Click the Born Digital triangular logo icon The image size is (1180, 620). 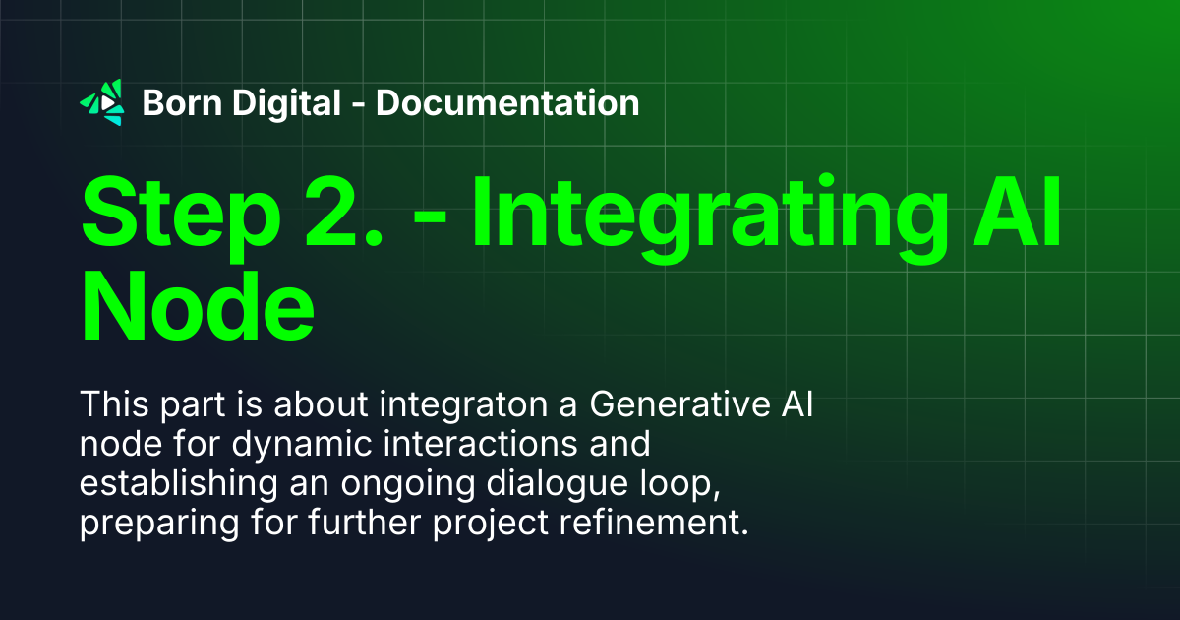click(x=102, y=102)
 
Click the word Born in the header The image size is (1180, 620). click(x=182, y=102)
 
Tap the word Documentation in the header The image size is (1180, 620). click(x=507, y=102)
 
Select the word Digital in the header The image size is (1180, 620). click(x=286, y=104)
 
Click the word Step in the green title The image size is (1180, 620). click(x=181, y=217)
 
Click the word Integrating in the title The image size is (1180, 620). click(x=710, y=218)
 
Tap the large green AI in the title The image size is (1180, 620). click(x=1017, y=212)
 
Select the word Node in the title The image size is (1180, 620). click(x=198, y=306)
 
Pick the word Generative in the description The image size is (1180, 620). click(x=680, y=404)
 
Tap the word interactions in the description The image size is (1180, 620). click(x=481, y=444)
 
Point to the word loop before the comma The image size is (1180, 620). click(x=676, y=485)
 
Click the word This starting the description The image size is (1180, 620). click(x=114, y=404)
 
